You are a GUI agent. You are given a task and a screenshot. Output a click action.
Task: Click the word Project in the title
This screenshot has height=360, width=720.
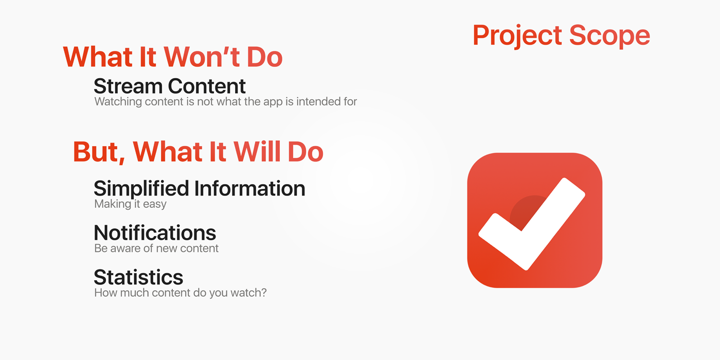(517, 36)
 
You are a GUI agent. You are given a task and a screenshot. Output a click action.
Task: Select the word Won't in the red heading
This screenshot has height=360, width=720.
(202, 57)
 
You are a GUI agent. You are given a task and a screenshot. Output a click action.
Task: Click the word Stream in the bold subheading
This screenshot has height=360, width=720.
(128, 86)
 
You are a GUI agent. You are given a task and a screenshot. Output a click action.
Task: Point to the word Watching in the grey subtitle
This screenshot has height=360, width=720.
(118, 102)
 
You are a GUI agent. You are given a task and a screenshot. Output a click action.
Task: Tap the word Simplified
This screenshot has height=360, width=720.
(141, 189)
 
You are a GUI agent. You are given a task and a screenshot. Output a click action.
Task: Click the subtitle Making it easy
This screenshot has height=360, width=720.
(130, 204)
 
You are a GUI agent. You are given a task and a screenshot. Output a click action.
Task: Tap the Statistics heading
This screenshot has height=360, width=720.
(138, 277)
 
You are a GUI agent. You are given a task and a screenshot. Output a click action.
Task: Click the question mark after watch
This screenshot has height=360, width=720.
(263, 293)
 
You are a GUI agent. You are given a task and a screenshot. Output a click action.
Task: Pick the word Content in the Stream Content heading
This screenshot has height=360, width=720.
(207, 86)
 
